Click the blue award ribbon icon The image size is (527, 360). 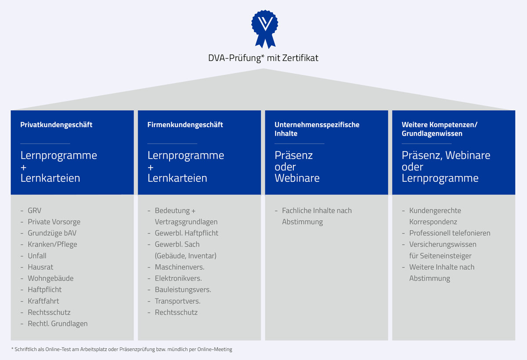click(265, 29)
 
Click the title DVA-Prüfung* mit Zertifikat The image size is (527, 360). click(263, 58)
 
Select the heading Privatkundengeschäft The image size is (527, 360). click(56, 125)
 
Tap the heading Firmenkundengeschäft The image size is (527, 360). click(185, 125)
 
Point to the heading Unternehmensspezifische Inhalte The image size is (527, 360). click(317, 129)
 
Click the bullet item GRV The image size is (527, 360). click(34, 210)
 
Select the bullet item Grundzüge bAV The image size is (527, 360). click(52, 233)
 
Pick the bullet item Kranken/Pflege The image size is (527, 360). click(52, 244)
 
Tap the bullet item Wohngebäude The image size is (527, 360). click(51, 278)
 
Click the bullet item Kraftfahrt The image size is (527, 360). click(43, 301)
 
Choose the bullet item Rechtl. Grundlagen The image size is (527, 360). click(58, 324)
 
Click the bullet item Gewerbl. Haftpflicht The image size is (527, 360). click(187, 233)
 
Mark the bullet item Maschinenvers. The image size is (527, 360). click(180, 267)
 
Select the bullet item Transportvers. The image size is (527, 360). click(177, 301)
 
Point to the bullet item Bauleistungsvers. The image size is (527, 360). click(183, 290)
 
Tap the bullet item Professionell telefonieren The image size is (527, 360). click(450, 233)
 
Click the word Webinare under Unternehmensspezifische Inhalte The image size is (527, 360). click(297, 178)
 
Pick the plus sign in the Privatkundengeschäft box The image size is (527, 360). click(24, 167)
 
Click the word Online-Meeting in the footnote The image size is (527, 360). click(215, 349)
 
